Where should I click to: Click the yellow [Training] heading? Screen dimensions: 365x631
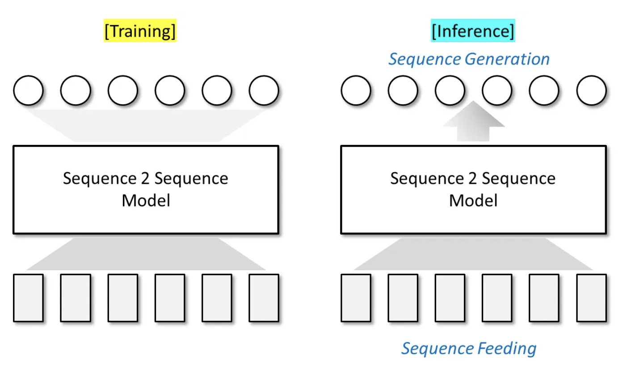[x=140, y=31]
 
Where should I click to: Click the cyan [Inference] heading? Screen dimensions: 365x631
[x=473, y=31]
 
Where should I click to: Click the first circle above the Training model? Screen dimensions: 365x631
[x=28, y=90]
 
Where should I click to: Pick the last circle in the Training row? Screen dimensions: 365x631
[x=264, y=90]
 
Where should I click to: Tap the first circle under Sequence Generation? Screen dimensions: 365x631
[x=356, y=90]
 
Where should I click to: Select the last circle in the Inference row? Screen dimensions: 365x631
[x=591, y=90]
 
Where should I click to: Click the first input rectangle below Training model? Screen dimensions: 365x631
[x=28, y=298]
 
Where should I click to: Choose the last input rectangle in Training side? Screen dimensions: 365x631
[x=264, y=298]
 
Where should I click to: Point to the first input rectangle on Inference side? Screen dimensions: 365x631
[x=356, y=298]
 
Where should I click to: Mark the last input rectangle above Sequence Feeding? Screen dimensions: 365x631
[x=591, y=298]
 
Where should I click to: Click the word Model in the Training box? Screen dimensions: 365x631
[x=146, y=200]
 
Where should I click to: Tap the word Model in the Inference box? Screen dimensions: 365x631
[x=473, y=200]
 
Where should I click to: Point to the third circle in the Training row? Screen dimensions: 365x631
[x=122, y=90]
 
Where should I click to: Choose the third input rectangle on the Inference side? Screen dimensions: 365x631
[x=450, y=298]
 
